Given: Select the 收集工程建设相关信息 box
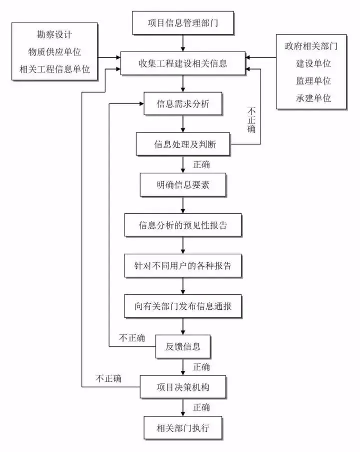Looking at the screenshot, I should (x=182, y=64).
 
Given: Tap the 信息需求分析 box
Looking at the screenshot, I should (x=183, y=105).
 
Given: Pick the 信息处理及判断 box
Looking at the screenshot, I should (x=183, y=145).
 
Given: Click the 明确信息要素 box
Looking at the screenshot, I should (x=183, y=185).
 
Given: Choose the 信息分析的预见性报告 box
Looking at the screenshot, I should (x=183, y=225).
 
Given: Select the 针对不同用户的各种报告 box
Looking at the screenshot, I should (x=183, y=266).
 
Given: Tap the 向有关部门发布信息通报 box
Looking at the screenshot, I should (x=183, y=306).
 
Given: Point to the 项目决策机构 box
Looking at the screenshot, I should (x=183, y=386).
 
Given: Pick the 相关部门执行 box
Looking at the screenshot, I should (x=183, y=427).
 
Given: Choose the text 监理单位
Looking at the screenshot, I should (x=313, y=81).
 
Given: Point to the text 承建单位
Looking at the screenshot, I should (x=313, y=98).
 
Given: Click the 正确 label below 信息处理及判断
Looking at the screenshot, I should (x=201, y=165).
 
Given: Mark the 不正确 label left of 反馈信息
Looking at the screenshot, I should (x=132, y=338).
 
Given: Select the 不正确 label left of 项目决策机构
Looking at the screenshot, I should (x=108, y=378).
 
